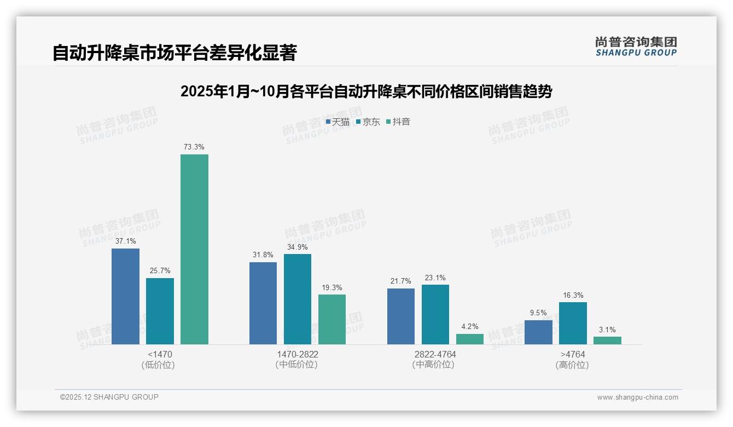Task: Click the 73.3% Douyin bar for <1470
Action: point(194,249)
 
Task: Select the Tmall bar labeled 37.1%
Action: point(125,296)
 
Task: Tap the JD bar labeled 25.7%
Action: point(160,311)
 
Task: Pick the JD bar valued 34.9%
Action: point(297,299)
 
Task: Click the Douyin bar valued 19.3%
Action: point(332,319)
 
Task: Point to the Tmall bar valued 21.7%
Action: point(401,316)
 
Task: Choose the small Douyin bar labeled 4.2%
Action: point(470,339)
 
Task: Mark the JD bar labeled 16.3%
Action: point(573,323)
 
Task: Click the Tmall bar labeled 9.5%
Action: point(538,332)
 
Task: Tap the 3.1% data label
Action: point(607,330)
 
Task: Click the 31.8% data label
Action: point(263,255)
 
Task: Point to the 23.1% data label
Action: point(435,278)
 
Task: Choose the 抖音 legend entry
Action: point(398,122)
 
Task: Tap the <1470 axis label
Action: point(160,354)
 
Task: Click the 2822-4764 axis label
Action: point(435,354)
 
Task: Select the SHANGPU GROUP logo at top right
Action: point(636,46)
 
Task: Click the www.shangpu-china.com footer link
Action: point(637,397)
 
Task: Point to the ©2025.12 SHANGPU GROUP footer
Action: point(109,397)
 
